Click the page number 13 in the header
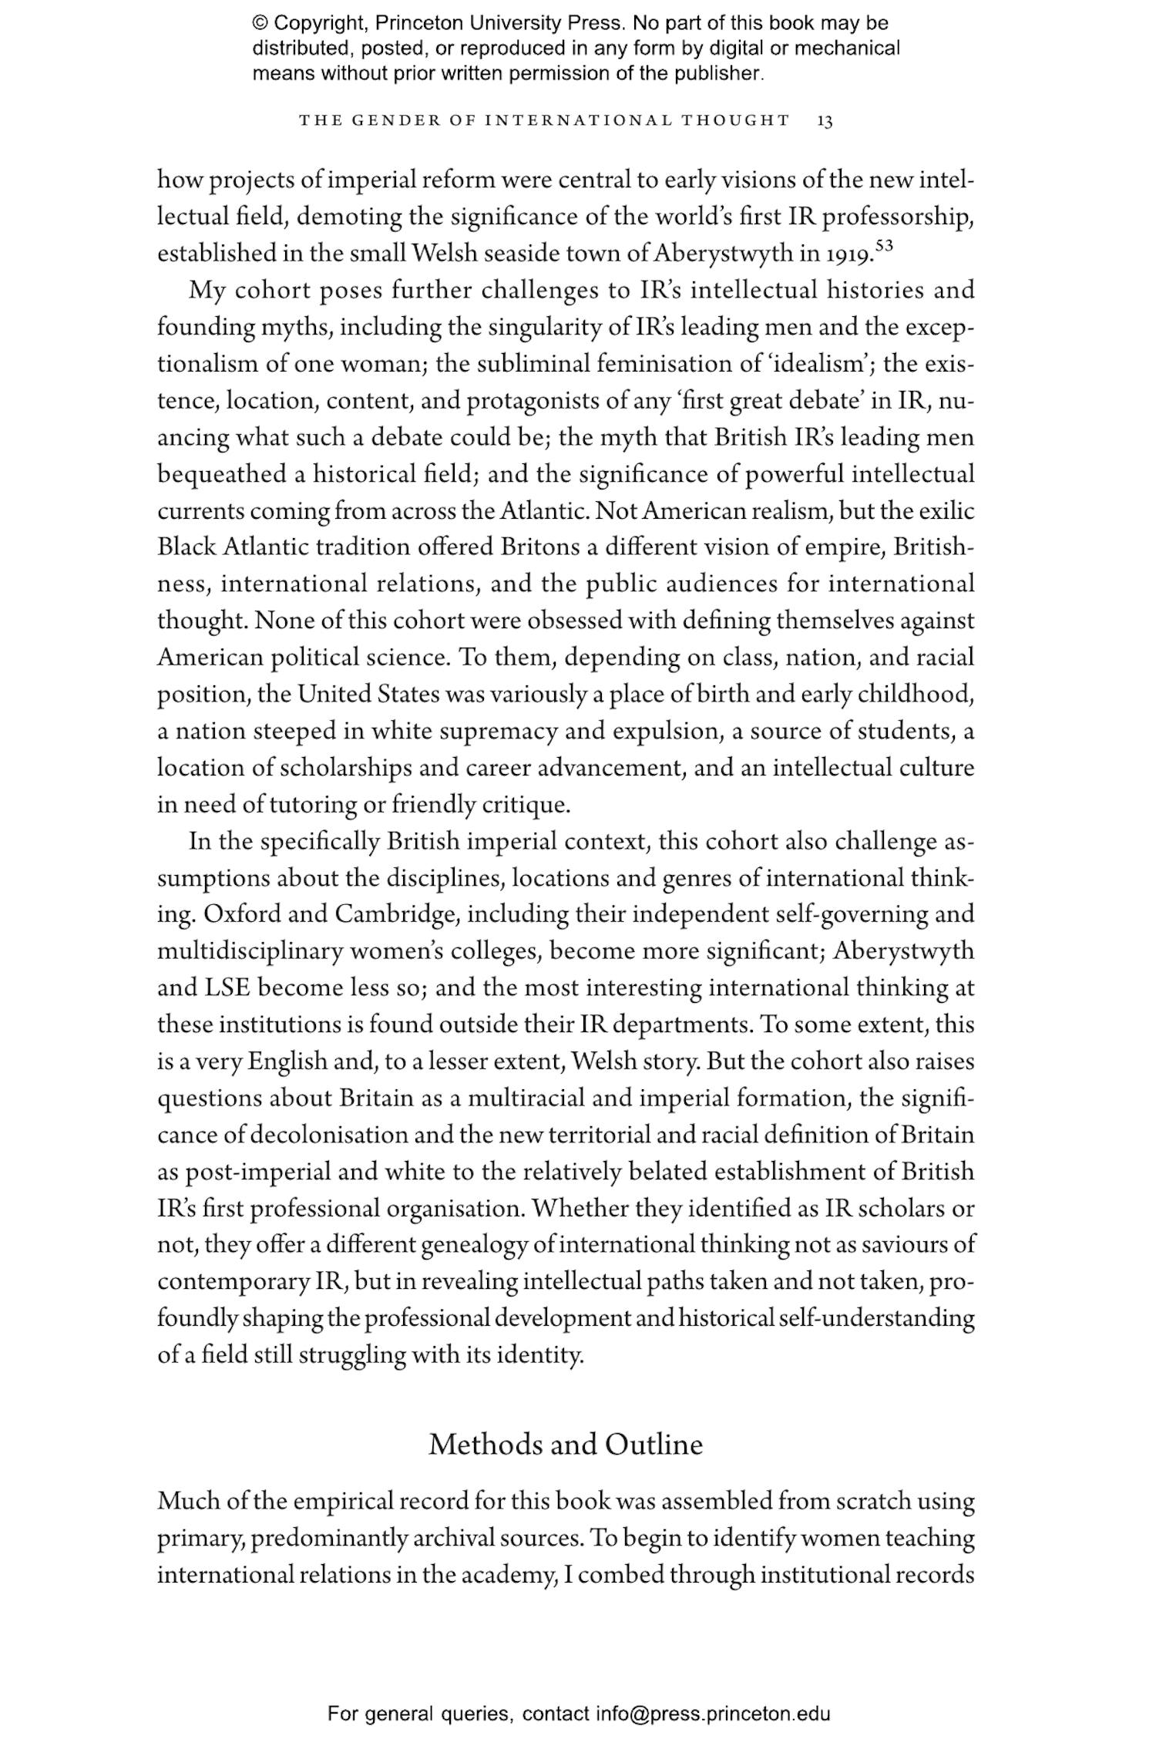click(x=825, y=121)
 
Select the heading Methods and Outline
click(x=566, y=1444)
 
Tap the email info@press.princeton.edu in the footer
click(x=712, y=1713)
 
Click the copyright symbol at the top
click(x=260, y=24)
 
